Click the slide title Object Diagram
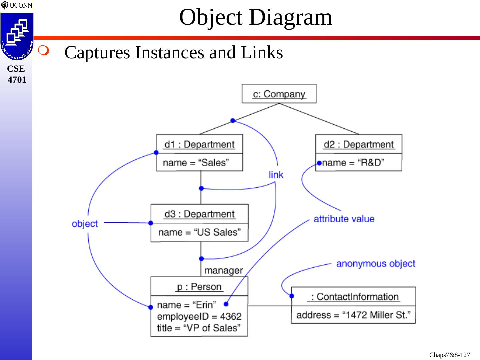256,17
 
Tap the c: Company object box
279,94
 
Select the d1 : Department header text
199,144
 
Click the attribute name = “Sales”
196,163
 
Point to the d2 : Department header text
359,144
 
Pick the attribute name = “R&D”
353,163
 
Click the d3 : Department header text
199,214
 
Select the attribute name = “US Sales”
199,232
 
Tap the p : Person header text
199,287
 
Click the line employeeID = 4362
199,316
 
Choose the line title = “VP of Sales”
198,328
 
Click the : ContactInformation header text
354,297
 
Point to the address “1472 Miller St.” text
353,315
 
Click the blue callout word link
276,175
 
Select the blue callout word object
85,223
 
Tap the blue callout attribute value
344,219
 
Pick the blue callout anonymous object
376,264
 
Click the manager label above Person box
223,270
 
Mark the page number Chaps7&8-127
449,355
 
